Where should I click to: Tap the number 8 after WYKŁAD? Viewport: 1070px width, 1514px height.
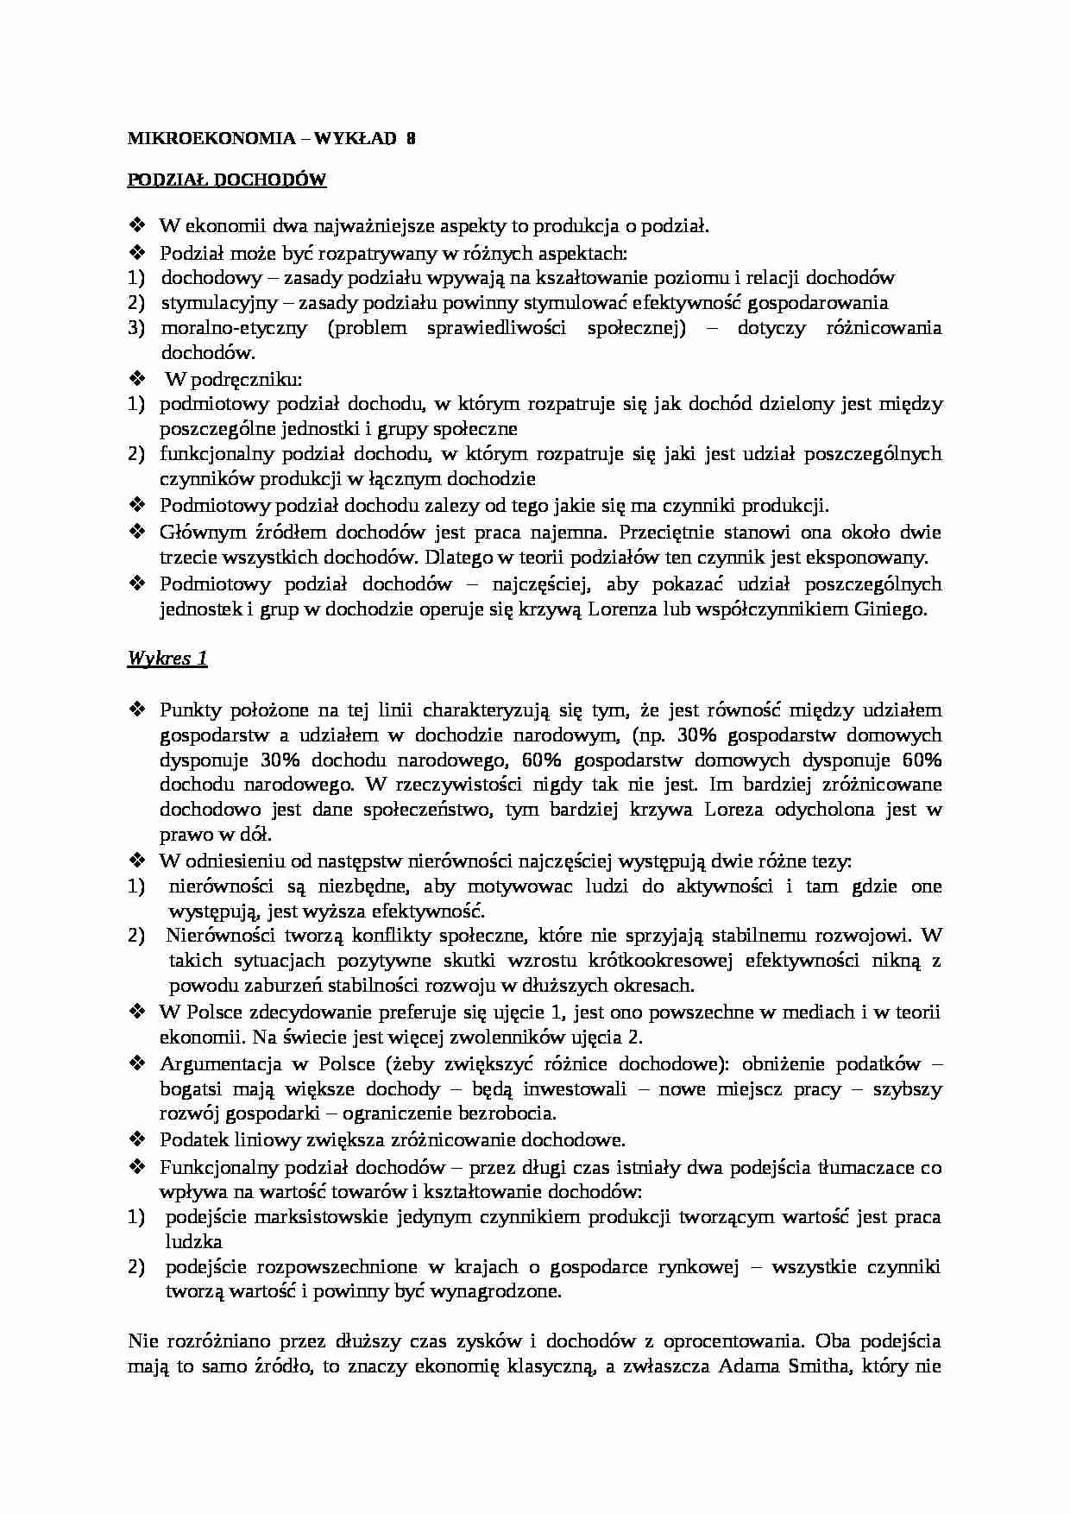tap(411, 138)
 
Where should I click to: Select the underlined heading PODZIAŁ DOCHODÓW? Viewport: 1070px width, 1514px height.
tap(227, 180)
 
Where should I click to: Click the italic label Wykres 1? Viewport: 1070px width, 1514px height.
tap(167, 659)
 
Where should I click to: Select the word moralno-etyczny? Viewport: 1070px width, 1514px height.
tap(234, 328)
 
